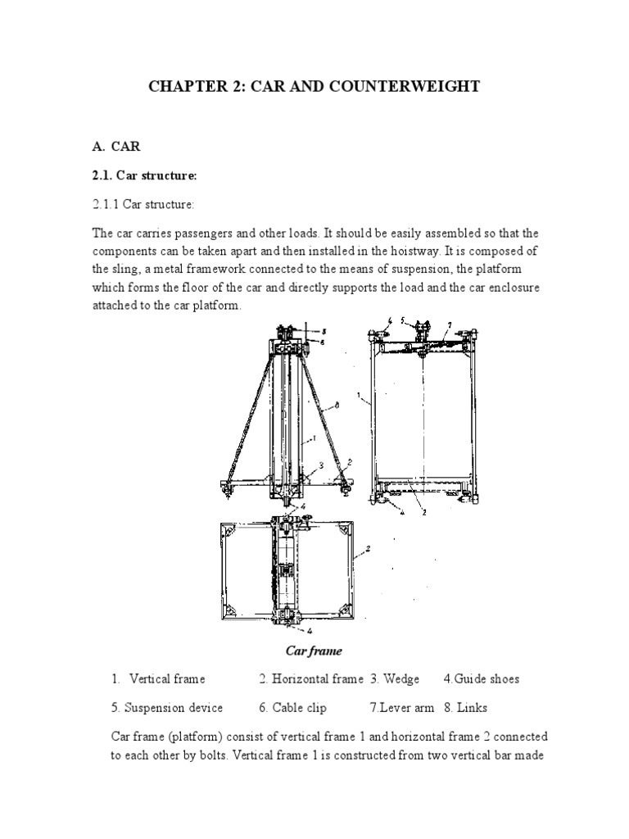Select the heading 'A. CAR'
(116, 147)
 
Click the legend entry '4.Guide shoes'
(481, 678)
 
